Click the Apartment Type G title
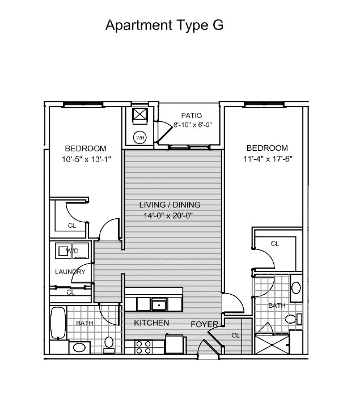164,26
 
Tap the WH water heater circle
140,138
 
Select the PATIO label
192,116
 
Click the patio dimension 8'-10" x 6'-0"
193,125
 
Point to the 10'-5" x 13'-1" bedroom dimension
86,159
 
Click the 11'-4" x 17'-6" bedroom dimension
268,159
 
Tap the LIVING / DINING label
170,205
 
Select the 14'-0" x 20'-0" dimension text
168,215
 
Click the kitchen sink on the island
159,304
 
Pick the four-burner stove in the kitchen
143,347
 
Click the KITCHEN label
151,323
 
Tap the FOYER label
204,324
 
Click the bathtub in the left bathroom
58,323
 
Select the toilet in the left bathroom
109,345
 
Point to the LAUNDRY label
70,271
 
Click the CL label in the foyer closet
235,336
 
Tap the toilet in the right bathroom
294,319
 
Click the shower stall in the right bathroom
272,345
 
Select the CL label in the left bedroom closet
72,226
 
